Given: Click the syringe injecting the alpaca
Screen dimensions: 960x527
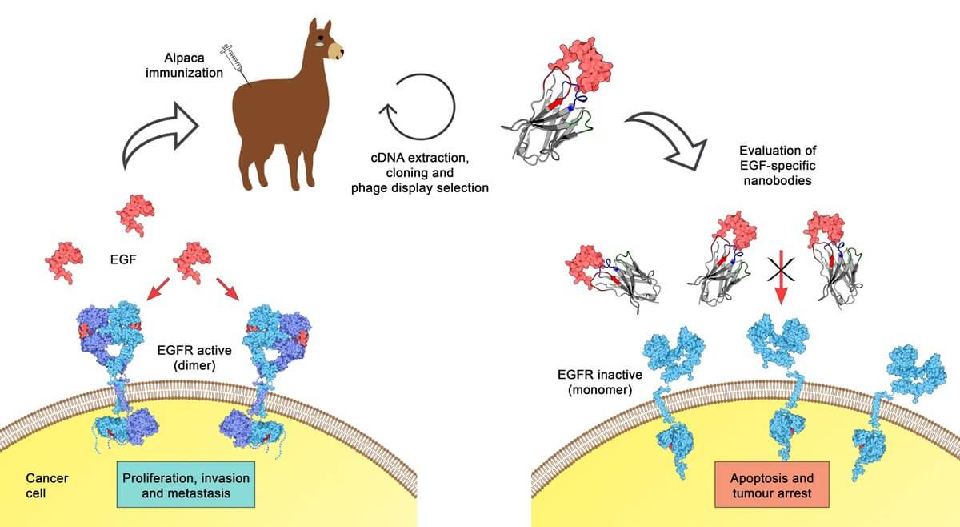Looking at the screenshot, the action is [x=235, y=64].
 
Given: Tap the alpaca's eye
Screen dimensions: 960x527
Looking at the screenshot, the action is [x=321, y=38].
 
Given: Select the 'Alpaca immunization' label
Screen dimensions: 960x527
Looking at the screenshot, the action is [x=184, y=65].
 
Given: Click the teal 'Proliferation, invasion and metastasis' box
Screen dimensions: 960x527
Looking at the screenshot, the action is [x=186, y=485].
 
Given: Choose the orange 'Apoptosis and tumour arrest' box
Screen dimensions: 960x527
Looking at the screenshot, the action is [x=772, y=485].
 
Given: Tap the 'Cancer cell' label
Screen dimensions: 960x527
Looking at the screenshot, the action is [x=46, y=485].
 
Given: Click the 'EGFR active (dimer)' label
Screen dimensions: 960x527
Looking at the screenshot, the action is [x=194, y=357].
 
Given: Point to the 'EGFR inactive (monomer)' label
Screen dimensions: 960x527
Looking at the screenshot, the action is [x=599, y=382].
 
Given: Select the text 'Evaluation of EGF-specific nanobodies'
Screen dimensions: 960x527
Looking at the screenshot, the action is [x=778, y=165].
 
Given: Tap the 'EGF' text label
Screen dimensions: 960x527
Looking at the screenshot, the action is [x=123, y=259].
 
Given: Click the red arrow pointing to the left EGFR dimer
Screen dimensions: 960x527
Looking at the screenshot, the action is [x=158, y=289].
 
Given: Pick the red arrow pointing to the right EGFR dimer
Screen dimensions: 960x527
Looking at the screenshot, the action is [x=227, y=289].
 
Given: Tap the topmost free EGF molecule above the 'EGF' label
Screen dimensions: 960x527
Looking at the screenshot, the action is [x=135, y=215].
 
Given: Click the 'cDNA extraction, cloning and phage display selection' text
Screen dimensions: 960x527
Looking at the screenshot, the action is [x=419, y=173].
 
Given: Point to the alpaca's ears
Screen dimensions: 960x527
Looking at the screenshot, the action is [x=320, y=26].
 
